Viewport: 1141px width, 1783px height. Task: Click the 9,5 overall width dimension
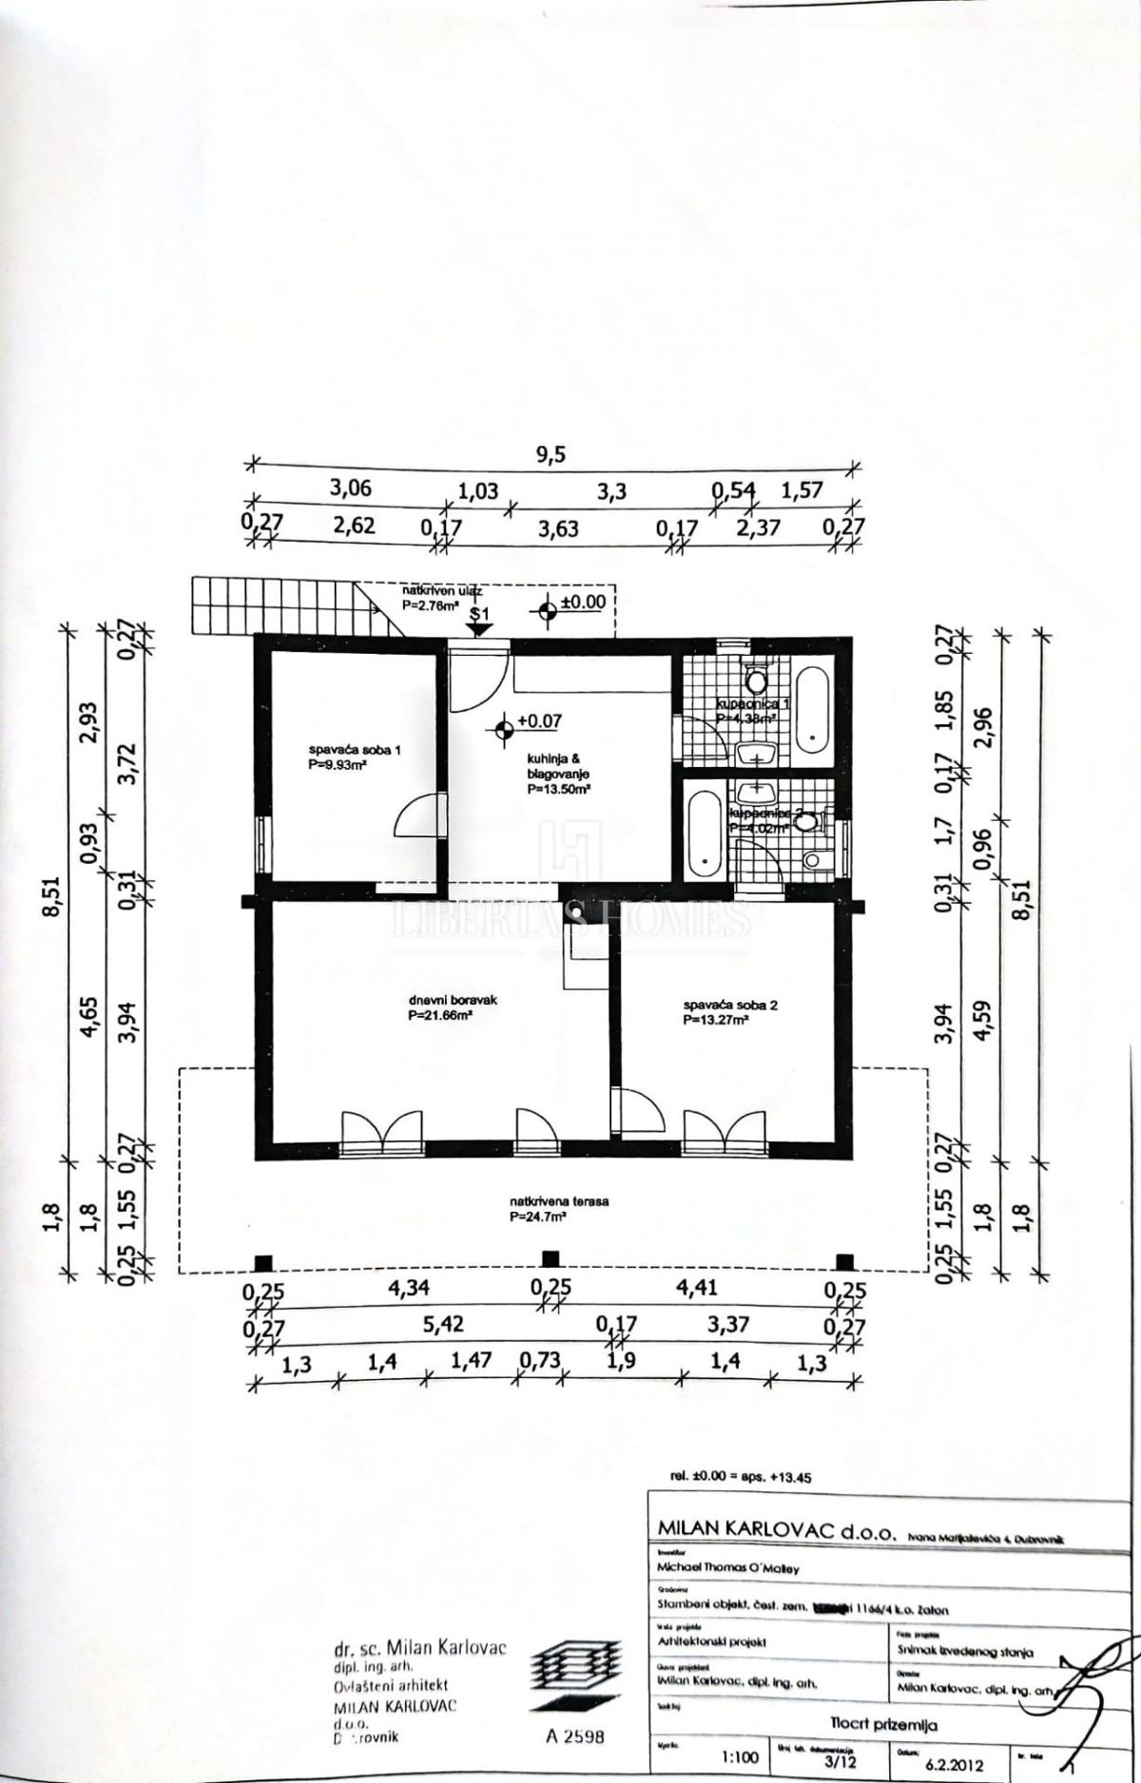tap(551, 454)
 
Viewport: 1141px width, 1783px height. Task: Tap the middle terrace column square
tap(550, 1260)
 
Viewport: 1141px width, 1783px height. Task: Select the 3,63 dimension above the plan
tap(558, 529)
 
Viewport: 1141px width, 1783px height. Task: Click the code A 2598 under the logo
tap(575, 1736)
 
